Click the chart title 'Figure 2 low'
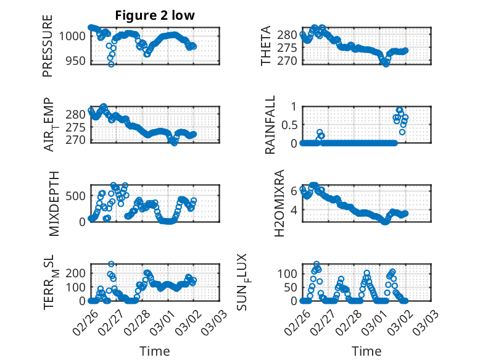tap(155, 15)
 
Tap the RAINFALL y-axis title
tap(270, 125)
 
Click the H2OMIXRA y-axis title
tap(279, 203)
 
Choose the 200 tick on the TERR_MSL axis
tap(77, 272)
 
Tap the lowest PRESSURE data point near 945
tap(111, 64)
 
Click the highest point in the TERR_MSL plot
tap(112, 264)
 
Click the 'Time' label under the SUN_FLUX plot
tap(366, 351)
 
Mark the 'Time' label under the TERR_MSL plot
tap(155, 351)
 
